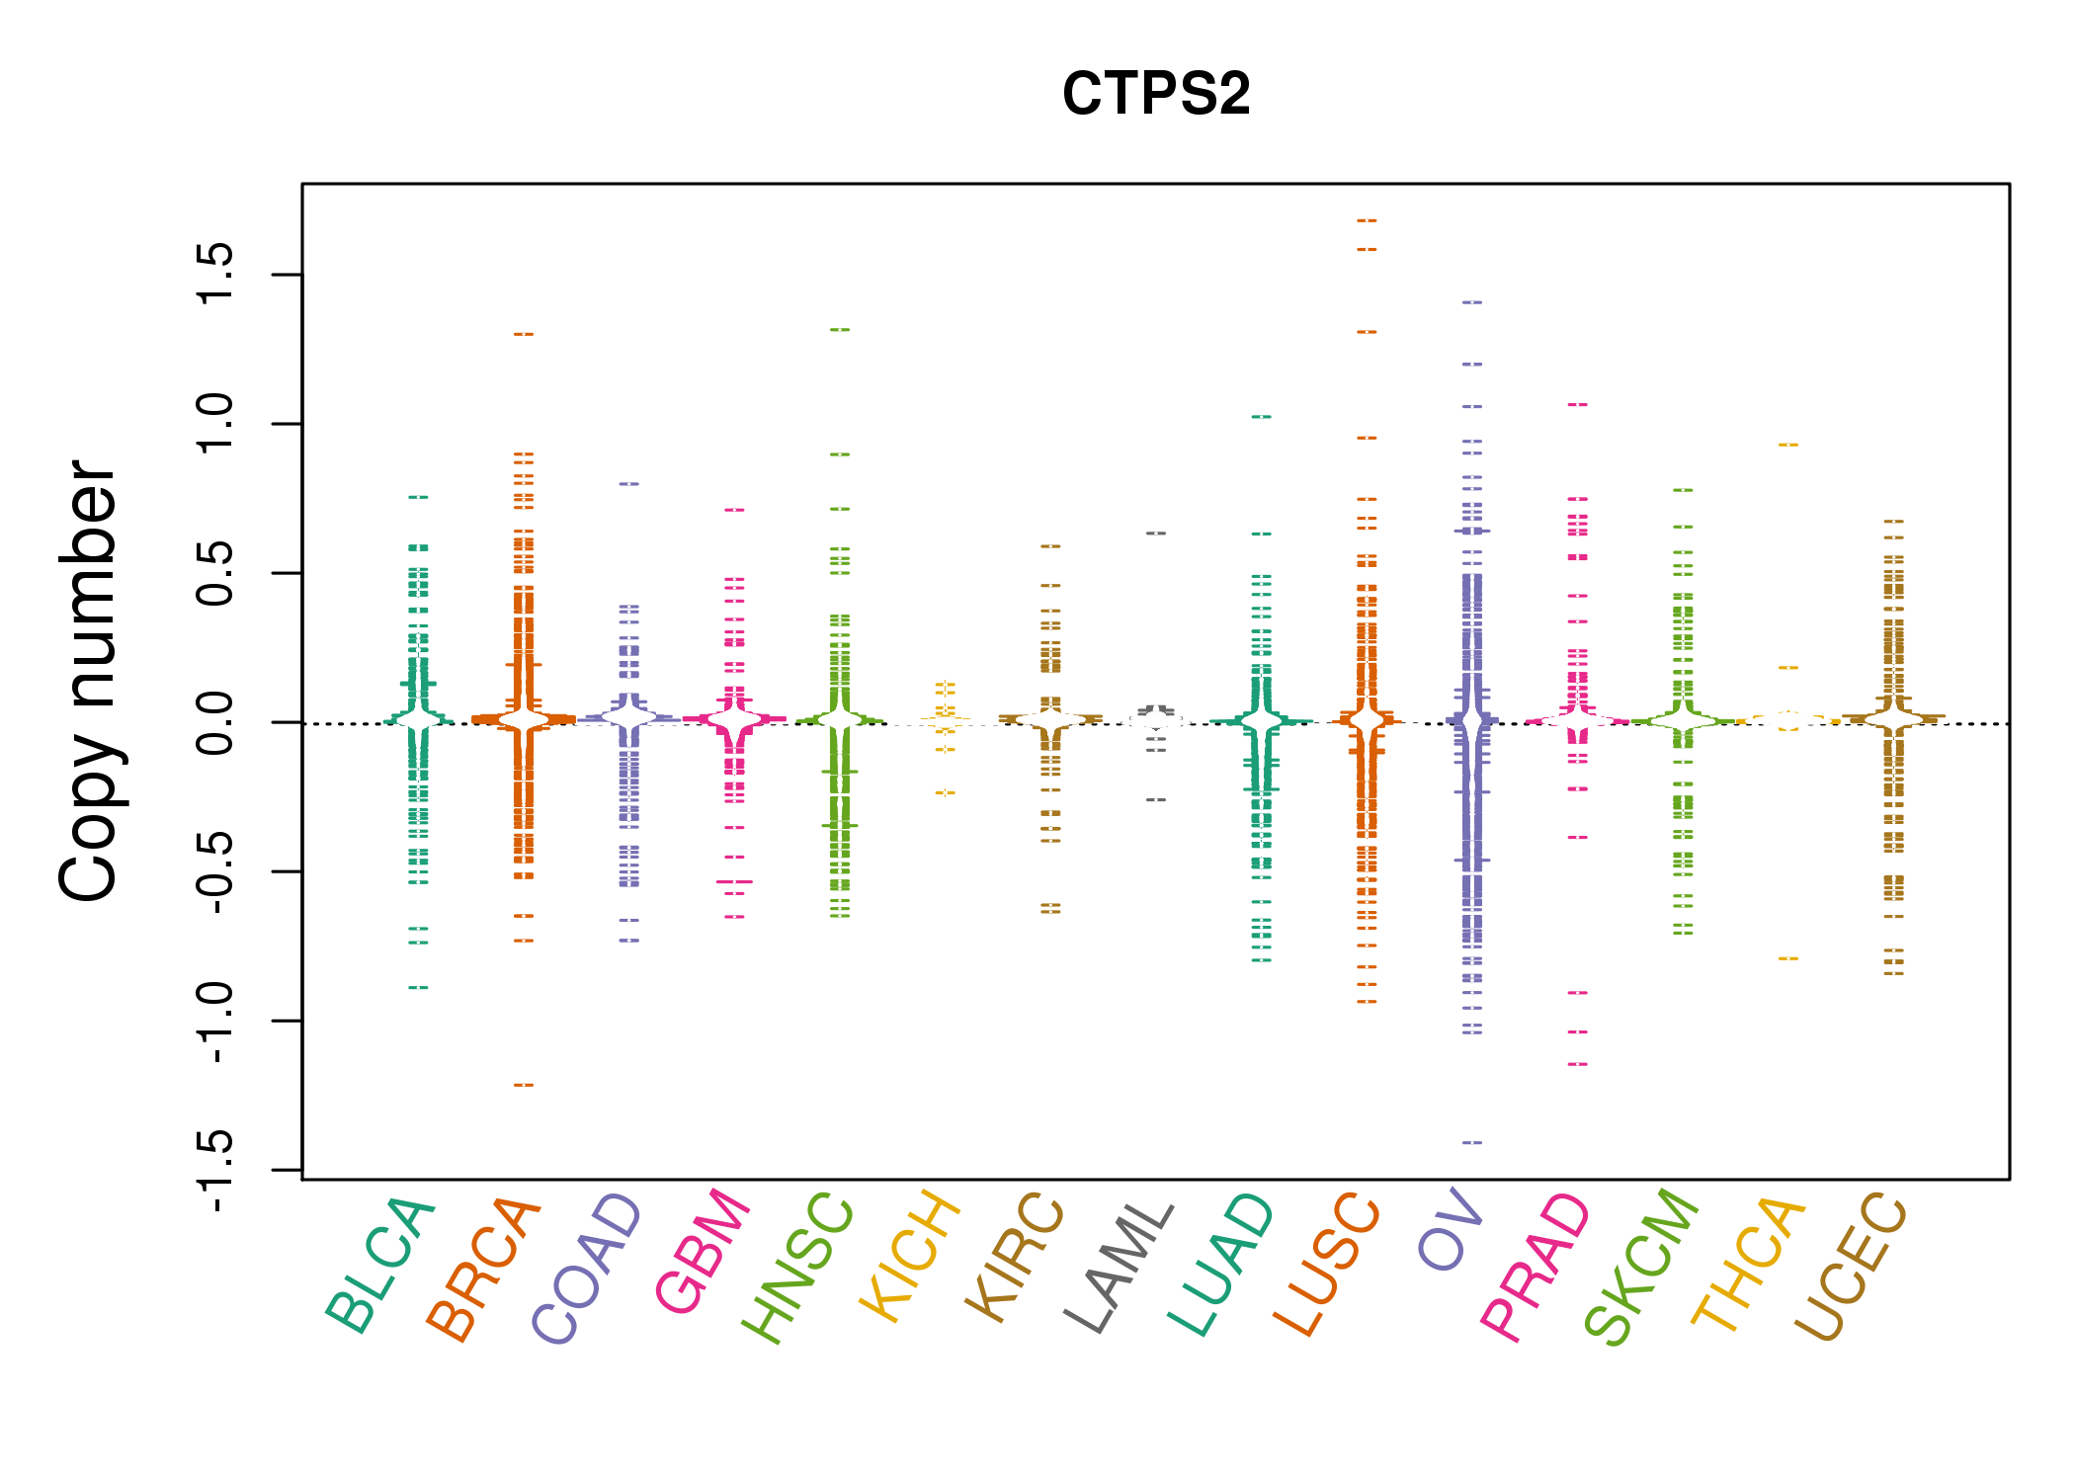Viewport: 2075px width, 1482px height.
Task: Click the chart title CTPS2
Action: [1155, 95]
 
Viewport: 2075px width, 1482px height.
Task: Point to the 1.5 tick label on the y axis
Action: [215, 274]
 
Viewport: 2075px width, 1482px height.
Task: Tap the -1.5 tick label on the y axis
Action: [215, 1170]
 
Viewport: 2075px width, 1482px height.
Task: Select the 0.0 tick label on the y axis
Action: [215, 722]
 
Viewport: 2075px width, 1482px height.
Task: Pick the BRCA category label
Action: [484, 1271]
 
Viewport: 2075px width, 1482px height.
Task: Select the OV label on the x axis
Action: [1451, 1231]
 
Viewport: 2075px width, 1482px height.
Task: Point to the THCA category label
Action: [1749, 1265]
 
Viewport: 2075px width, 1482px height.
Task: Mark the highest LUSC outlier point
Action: [1367, 220]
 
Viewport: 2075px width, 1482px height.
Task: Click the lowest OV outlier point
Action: [1472, 1142]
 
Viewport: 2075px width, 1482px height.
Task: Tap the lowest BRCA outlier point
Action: [524, 1085]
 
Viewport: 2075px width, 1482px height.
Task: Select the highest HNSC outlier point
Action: [840, 329]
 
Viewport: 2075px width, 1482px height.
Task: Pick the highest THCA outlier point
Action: [1788, 445]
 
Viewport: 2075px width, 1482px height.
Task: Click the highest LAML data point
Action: [1156, 534]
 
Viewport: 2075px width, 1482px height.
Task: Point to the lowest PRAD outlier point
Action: [1578, 1064]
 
